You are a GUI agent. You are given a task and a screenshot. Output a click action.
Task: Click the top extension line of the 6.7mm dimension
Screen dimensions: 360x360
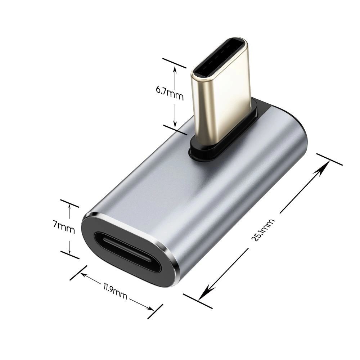point(174,63)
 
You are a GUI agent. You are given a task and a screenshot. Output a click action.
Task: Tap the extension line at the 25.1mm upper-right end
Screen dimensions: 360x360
point(329,159)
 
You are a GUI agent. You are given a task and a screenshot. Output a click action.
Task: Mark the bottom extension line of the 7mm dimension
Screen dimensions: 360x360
point(69,255)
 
